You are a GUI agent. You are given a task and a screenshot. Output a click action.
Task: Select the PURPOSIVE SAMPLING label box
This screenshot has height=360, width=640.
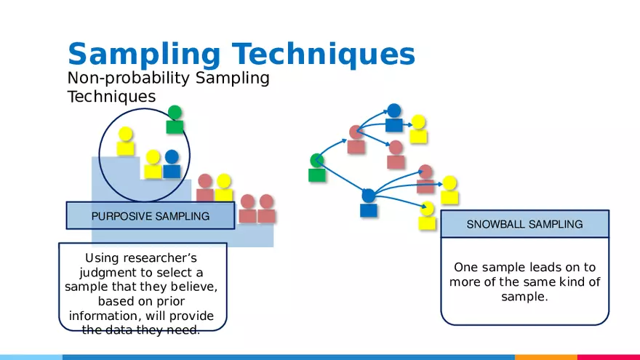tap(151, 216)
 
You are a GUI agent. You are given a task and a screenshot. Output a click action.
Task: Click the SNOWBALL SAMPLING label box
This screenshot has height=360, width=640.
tap(524, 224)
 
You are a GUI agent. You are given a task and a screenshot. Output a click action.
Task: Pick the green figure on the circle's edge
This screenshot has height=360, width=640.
tap(175, 120)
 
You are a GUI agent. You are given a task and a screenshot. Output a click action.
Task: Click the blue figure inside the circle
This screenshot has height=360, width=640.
tap(172, 164)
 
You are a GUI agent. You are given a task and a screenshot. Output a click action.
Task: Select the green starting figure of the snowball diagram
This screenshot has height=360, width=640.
tap(316, 167)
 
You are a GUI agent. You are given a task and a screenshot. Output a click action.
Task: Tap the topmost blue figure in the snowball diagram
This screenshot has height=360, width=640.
tap(393, 118)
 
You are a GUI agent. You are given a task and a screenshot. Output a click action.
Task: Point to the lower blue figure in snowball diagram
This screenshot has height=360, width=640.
tap(369, 203)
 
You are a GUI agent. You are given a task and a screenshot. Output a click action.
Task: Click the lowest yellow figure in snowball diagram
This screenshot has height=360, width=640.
tap(427, 216)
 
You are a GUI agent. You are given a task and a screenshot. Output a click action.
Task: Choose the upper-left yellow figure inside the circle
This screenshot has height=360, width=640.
tap(126, 141)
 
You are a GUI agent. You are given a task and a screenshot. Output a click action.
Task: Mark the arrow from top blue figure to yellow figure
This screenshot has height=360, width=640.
tap(407, 124)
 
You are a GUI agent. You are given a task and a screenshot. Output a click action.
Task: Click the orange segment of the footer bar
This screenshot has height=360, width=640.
tap(545, 357)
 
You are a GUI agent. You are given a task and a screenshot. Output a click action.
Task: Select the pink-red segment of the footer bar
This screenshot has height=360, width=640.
tap(608, 357)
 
